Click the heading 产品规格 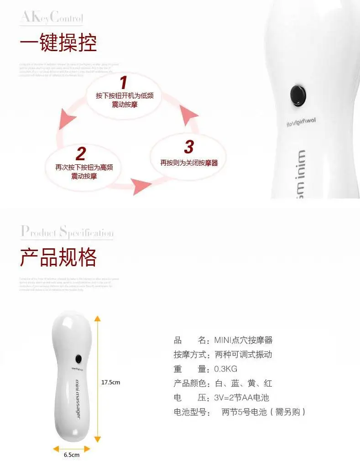click(58, 257)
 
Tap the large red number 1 click(123, 83)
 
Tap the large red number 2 click(80, 154)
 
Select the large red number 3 click(189, 147)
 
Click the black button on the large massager click(298, 94)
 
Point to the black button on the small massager click(79, 358)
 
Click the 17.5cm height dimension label click(110, 382)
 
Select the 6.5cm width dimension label click(71, 455)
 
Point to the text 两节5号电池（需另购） click(263, 412)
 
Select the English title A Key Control click(52, 18)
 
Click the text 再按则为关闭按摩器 click(189, 162)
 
